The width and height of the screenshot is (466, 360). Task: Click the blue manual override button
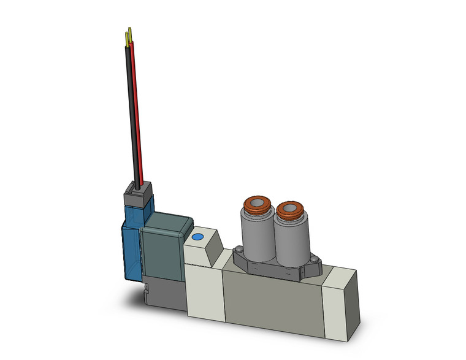pyautogui.click(x=197, y=237)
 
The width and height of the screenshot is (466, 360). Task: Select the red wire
pyautogui.click(x=137, y=110)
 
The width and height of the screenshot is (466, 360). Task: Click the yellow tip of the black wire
pyautogui.click(x=127, y=38)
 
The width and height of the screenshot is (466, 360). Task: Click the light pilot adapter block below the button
pyautogui.click(x=202, y=288)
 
